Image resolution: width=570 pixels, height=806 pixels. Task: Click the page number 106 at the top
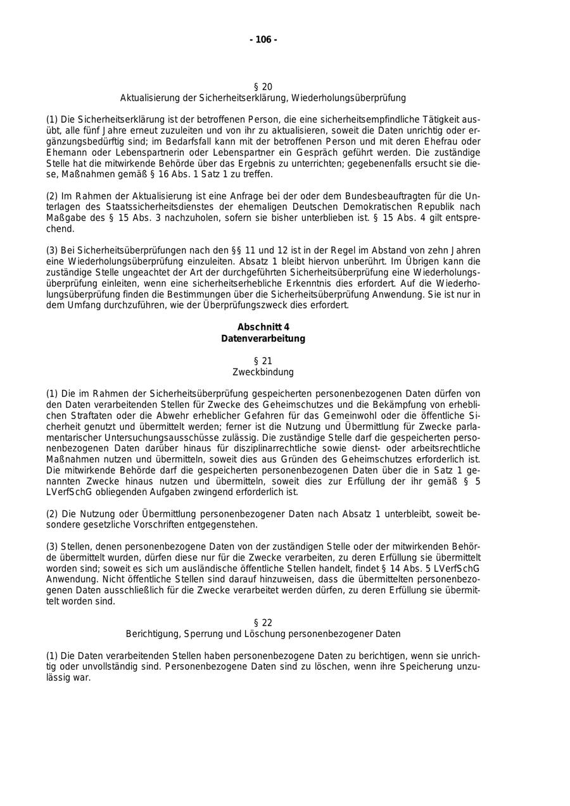point(263,40)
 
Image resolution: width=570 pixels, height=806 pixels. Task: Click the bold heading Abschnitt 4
point(263,327)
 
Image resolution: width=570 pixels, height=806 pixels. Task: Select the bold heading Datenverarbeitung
point(263,339)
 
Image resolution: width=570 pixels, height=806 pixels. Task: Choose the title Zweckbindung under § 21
point(263,372)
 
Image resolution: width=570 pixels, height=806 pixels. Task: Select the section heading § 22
point(263,622)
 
